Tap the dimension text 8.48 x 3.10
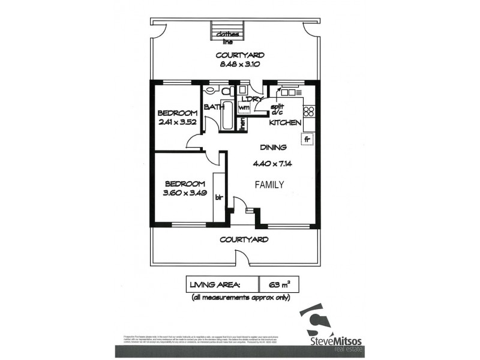(x=240, y=65)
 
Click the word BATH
(x=214, y=107)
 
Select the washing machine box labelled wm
(x=244, y=107)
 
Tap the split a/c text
(x=277, y=109)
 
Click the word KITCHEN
(x=284, y=122)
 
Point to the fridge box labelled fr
(x=307, y=139)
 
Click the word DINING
(x=273, y=147)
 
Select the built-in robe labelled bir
(x=219, y=196)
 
